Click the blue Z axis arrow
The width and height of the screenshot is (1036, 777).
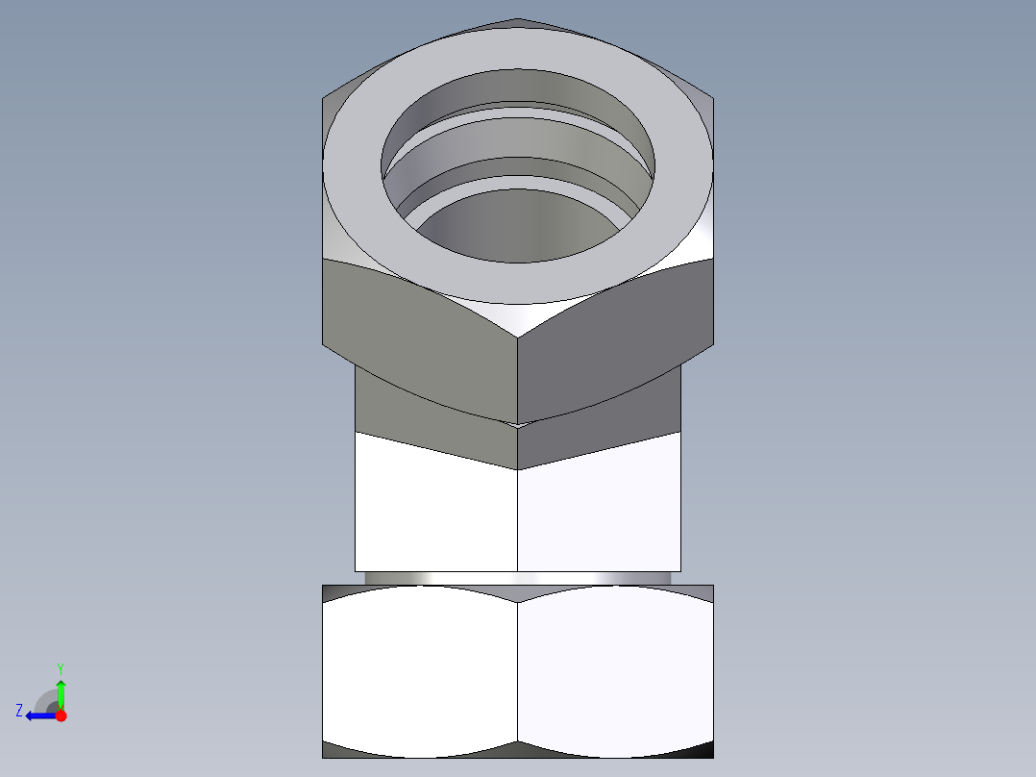click(x=37, y=715)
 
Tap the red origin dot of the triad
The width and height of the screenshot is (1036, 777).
click(x=61, y=715)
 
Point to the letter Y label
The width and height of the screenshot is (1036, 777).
click(x=60, y=667)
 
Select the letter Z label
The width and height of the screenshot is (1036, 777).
click(x=19, y=710)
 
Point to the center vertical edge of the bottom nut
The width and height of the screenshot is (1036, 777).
click(x=518, y=673)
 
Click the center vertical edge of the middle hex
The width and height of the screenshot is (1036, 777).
click(x=518, y=519)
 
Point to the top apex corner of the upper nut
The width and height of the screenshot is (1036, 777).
click(x=518, y=18)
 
